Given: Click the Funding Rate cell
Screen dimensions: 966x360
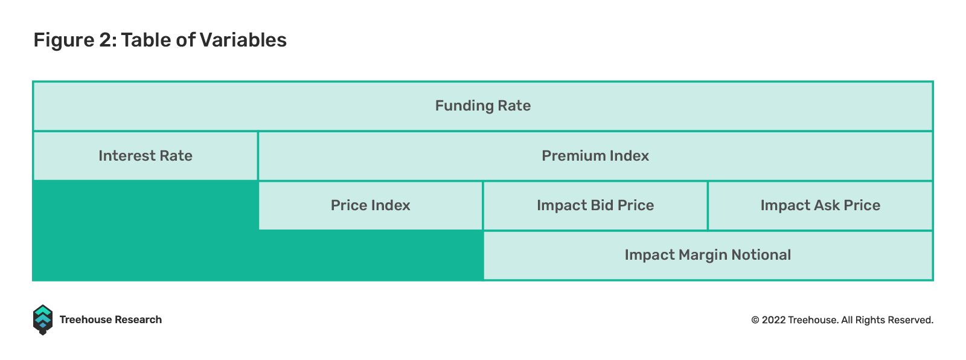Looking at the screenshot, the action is coord(483,106).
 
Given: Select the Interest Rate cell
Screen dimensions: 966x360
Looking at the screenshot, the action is coord(146,156).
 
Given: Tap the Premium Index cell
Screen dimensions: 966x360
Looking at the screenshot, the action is coord(595,156).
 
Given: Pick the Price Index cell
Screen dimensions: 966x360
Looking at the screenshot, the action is coord(371,205).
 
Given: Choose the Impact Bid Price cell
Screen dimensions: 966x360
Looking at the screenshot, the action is coord(595,205).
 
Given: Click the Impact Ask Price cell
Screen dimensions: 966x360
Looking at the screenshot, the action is coord(820,205).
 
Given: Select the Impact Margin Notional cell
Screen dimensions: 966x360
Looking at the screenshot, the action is coord(708,255).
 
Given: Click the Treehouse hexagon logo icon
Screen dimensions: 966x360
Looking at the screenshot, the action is coord(43,320).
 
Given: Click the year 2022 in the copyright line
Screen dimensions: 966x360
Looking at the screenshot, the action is coord(773,320).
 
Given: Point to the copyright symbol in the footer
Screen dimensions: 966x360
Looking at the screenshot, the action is coord(755,320).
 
